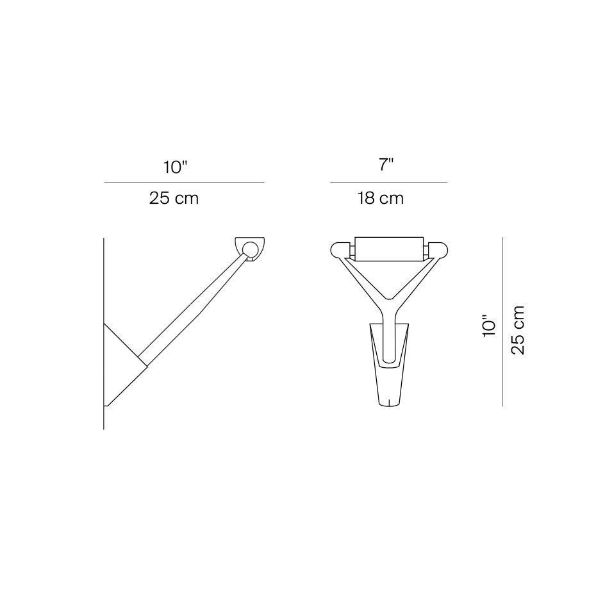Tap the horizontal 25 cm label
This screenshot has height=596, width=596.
[174, 198]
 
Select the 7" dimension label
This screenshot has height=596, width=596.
[385, 166]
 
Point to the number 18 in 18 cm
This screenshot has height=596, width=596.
[367, 198]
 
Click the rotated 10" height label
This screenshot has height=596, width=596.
[490, 325]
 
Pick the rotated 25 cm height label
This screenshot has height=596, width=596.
[518, 329]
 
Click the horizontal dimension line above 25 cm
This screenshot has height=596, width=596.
[184, 183]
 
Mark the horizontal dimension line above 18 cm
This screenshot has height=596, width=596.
[388, 183]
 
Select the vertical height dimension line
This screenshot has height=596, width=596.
[503, 320]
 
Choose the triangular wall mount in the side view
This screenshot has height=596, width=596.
[122, 365]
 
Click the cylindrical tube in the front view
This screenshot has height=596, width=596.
[388, 249]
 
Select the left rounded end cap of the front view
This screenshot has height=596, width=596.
[340, 249]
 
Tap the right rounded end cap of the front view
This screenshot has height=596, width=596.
[438, 249]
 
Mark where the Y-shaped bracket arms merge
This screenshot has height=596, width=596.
[388, 306]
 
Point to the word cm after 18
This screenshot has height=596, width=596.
[392, 198]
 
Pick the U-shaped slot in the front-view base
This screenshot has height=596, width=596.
[388, 346]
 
